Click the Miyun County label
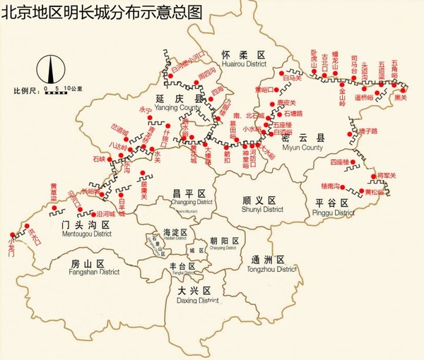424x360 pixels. [x=302, y=148]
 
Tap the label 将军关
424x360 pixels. [x=388, y=175]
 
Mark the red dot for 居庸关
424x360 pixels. [x=143, y=173]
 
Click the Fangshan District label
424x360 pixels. [x=96, y=271]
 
